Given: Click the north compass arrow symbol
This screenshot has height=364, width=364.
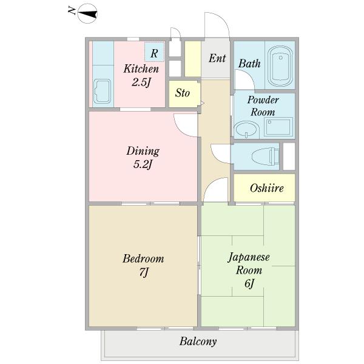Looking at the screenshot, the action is (x=87, y=14).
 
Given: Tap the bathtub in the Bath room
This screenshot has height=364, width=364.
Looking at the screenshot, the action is (x=280, y=66).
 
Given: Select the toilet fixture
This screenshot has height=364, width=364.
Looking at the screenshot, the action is (x=265, y=157).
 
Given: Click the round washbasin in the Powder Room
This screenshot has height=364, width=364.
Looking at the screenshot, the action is (x=246, y=129).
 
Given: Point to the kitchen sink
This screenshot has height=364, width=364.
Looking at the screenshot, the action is (x=102, y=91).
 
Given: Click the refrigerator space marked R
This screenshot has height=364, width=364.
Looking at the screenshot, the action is (x=154, y=52).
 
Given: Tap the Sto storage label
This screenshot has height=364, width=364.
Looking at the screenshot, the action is (x=183, y=93).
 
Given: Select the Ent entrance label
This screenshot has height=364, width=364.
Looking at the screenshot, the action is (x=217, y=58).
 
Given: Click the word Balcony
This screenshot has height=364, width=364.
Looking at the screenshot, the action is (x=198, y=342).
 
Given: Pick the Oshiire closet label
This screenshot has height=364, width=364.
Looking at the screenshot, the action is (x=267, y=188).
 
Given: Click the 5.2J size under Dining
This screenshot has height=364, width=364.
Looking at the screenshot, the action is (x=143, y=164).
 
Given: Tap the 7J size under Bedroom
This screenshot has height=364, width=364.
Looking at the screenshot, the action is (x=144, y=272).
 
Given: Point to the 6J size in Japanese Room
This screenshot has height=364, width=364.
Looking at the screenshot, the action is (x=249, y=283).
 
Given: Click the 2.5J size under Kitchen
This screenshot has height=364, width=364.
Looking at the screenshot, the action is (x=141, y=82).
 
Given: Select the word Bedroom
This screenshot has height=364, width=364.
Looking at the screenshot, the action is (x=143, y=258).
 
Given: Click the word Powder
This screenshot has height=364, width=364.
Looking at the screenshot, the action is (x=263, y=100).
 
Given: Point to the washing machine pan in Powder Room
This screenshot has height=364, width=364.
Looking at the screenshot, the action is (x=278, y=127).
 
